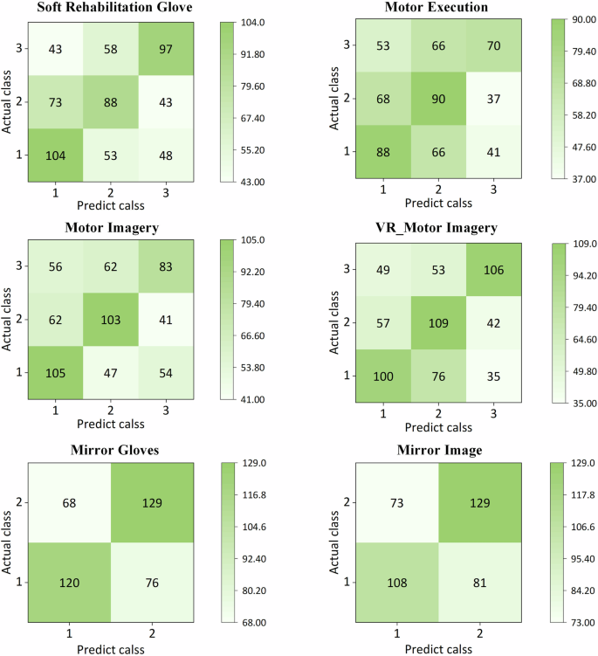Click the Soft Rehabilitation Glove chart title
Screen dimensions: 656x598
(114, 9)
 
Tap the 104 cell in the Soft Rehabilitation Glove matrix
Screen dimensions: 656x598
(55, 154)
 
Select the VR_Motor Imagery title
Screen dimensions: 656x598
(435, 228)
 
